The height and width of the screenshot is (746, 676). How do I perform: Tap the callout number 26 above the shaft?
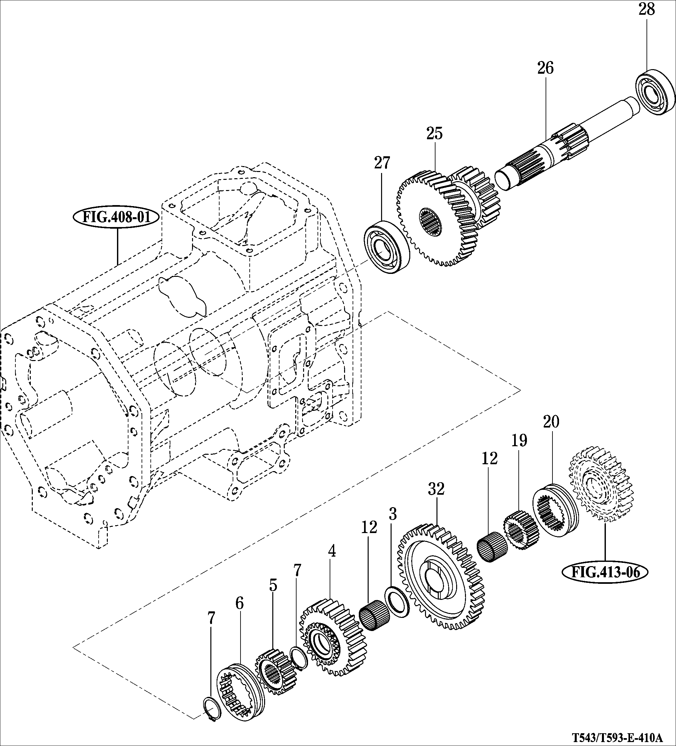pos(545,68)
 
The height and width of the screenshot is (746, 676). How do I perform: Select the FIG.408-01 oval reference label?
pos(117,217)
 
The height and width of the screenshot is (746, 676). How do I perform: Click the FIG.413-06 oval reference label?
pos(605,572)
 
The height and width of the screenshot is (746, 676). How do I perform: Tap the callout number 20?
pos(551,422)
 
